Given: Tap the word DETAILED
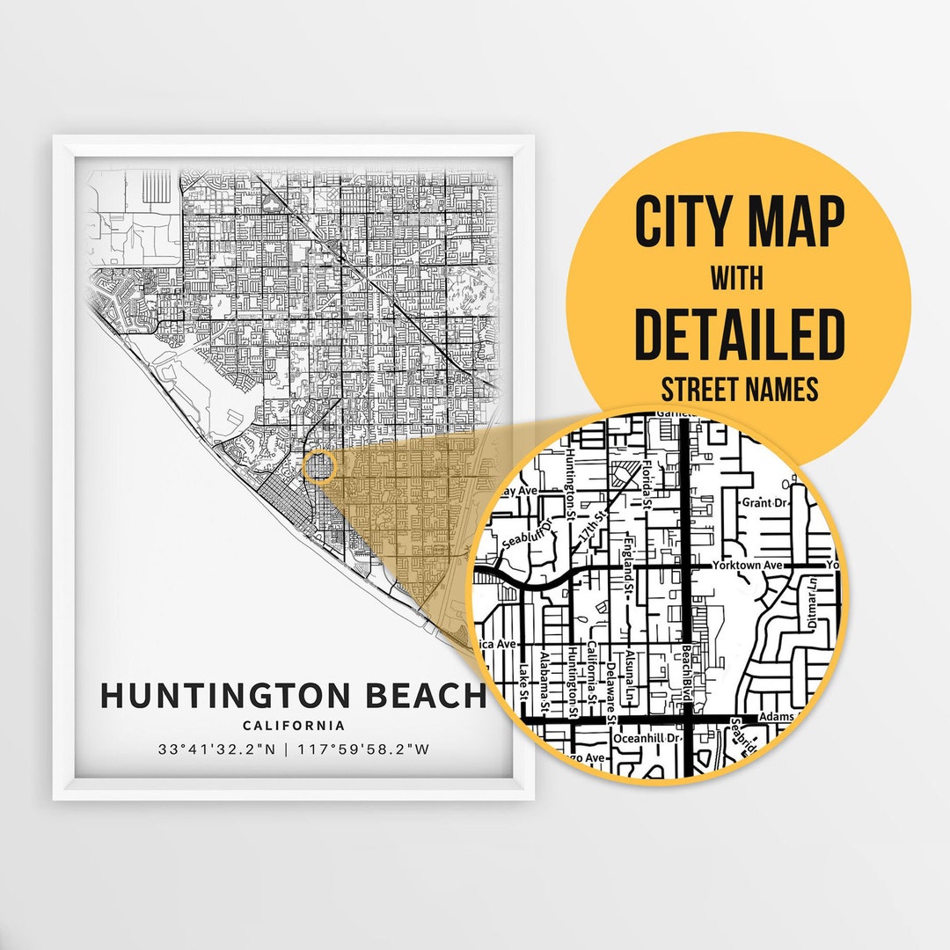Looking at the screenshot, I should tap(739, 334).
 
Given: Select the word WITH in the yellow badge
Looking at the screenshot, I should tap(737, 279).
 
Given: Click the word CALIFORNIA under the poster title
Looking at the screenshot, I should tap(294, 726).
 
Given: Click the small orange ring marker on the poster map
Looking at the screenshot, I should tap(318, 467).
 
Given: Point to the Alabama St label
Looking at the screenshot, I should tap(546, 682).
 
